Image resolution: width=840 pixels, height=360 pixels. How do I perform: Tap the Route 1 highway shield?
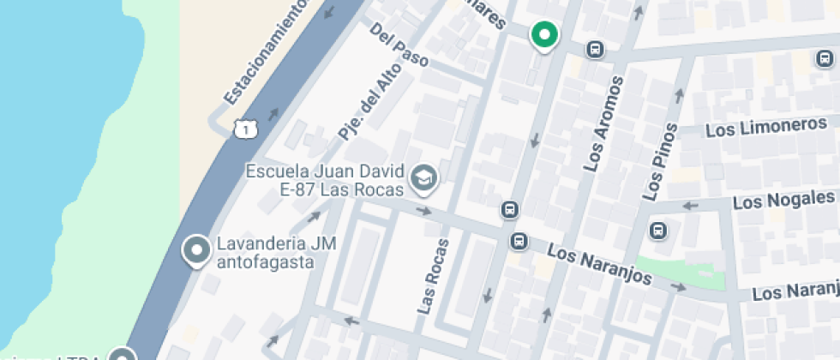coord(245,129)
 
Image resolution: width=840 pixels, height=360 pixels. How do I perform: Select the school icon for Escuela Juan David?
coord(423,179)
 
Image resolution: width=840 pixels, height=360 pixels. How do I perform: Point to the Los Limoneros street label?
coord(765,127)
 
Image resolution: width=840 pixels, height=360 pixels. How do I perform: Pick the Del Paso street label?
coord(399,45)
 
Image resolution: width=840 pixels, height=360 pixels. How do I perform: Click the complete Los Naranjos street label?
coord(599,266)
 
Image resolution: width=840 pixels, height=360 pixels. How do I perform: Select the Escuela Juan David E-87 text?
coord(326,179)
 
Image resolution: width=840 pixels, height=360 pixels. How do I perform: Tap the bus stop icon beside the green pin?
coord(593,50)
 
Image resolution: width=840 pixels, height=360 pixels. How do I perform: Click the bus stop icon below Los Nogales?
coord(658,231)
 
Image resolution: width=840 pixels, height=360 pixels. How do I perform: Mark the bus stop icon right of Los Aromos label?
coord(824,58)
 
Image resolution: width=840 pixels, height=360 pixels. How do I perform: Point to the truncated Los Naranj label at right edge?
coord(795,292)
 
